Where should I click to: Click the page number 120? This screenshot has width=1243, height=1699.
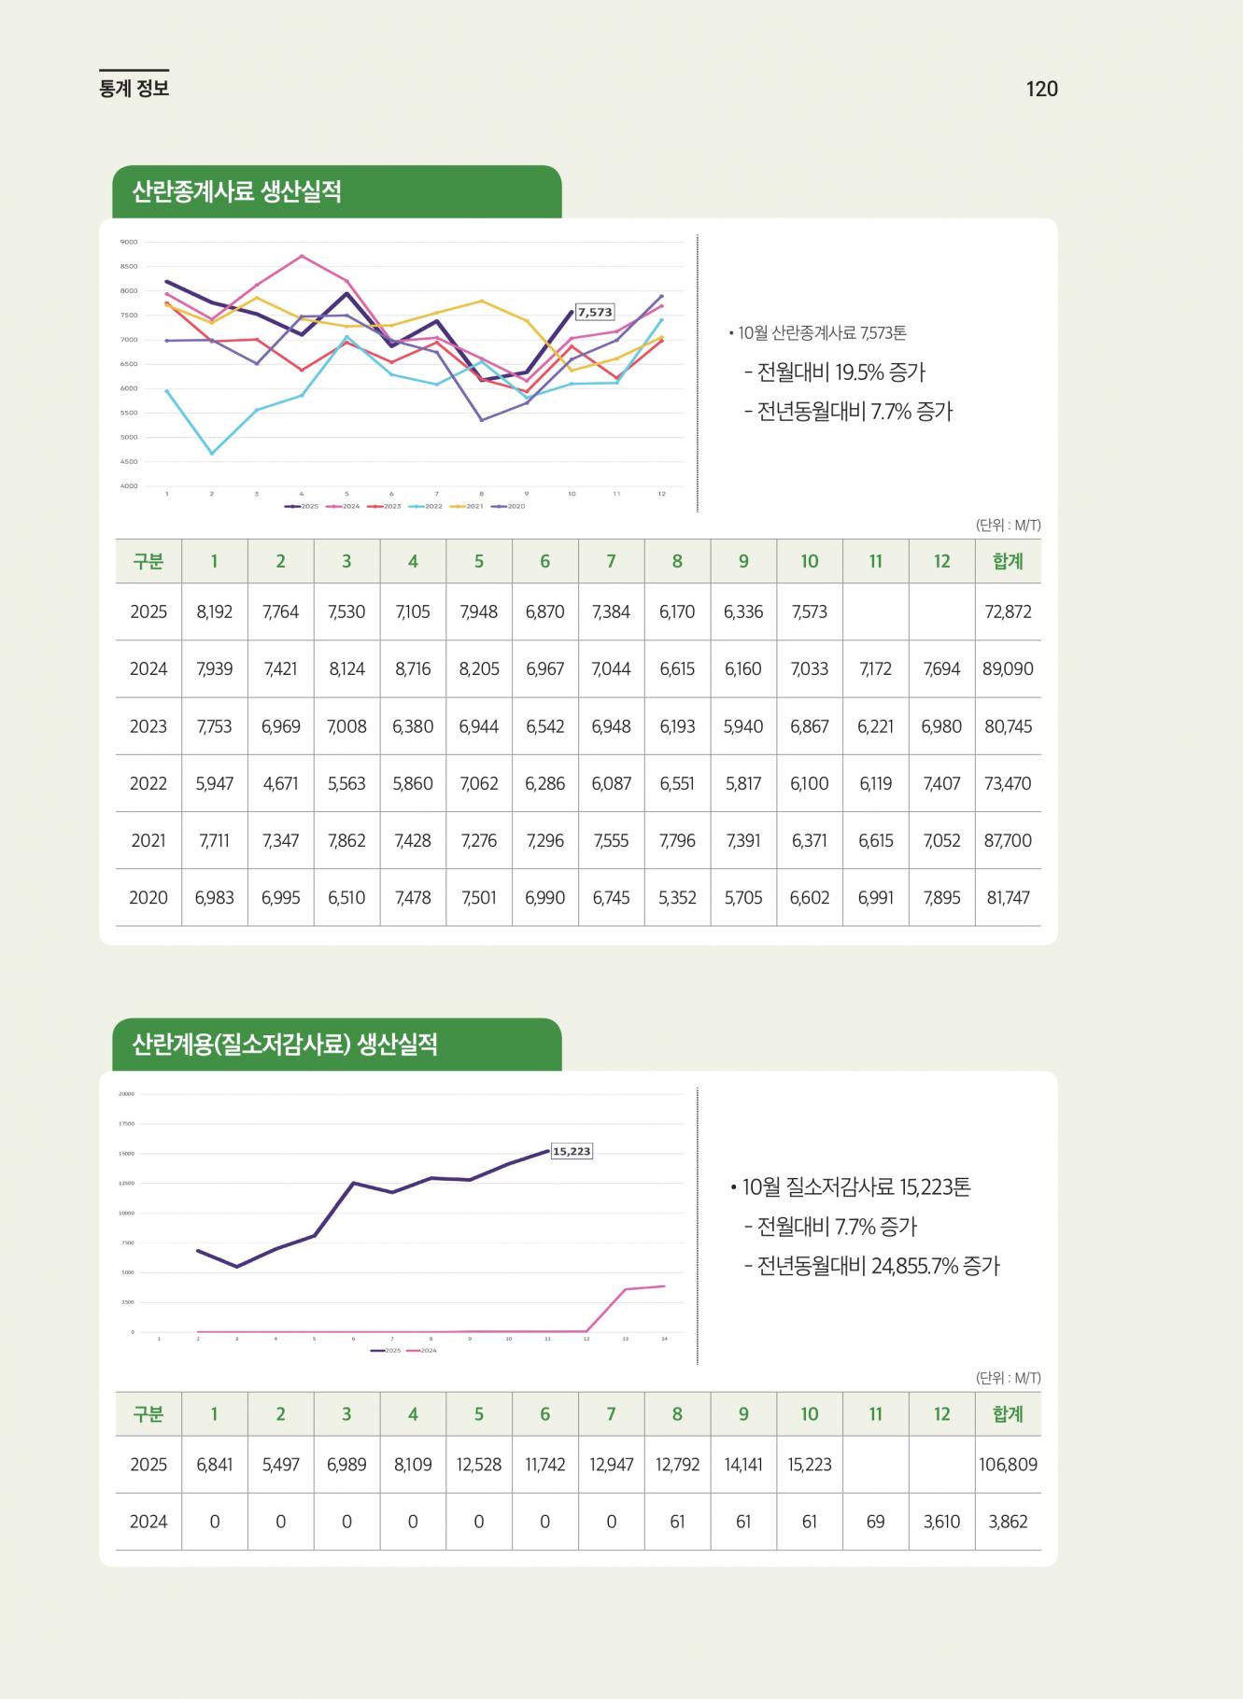(x=1041, y=89)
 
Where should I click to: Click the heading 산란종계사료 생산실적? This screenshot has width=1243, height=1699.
(x=237, y=192)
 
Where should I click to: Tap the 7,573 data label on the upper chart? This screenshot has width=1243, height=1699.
(x=595, y=313)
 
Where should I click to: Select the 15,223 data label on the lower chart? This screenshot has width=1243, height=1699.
(x=572, y=1151)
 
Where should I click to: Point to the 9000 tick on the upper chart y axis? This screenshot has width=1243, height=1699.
(x=129, y=242)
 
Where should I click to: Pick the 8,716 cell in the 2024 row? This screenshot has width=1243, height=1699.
(x=413, y=668)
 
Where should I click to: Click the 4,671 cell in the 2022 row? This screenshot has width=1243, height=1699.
(x=280, y=783)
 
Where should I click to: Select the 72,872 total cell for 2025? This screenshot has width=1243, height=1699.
(x=1008, y=611)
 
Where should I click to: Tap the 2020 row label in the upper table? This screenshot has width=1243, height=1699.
(x=148, y=897)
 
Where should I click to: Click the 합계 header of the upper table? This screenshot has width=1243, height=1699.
(x=1008, y=561)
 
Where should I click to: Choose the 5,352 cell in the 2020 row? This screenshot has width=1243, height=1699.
(x=677, y=897)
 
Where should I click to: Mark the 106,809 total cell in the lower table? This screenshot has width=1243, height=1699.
(x=1008, y=1464)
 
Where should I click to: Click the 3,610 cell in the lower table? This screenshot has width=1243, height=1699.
(x=941, y=1521)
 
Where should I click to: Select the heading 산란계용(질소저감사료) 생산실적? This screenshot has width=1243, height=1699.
(x=285, y=1045)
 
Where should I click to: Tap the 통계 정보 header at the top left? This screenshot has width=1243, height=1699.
(x=134, y=89)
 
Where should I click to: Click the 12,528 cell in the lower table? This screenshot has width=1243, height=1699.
(x=479, y=1464)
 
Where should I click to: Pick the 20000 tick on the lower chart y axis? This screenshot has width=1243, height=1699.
(x=126, y=1094)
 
